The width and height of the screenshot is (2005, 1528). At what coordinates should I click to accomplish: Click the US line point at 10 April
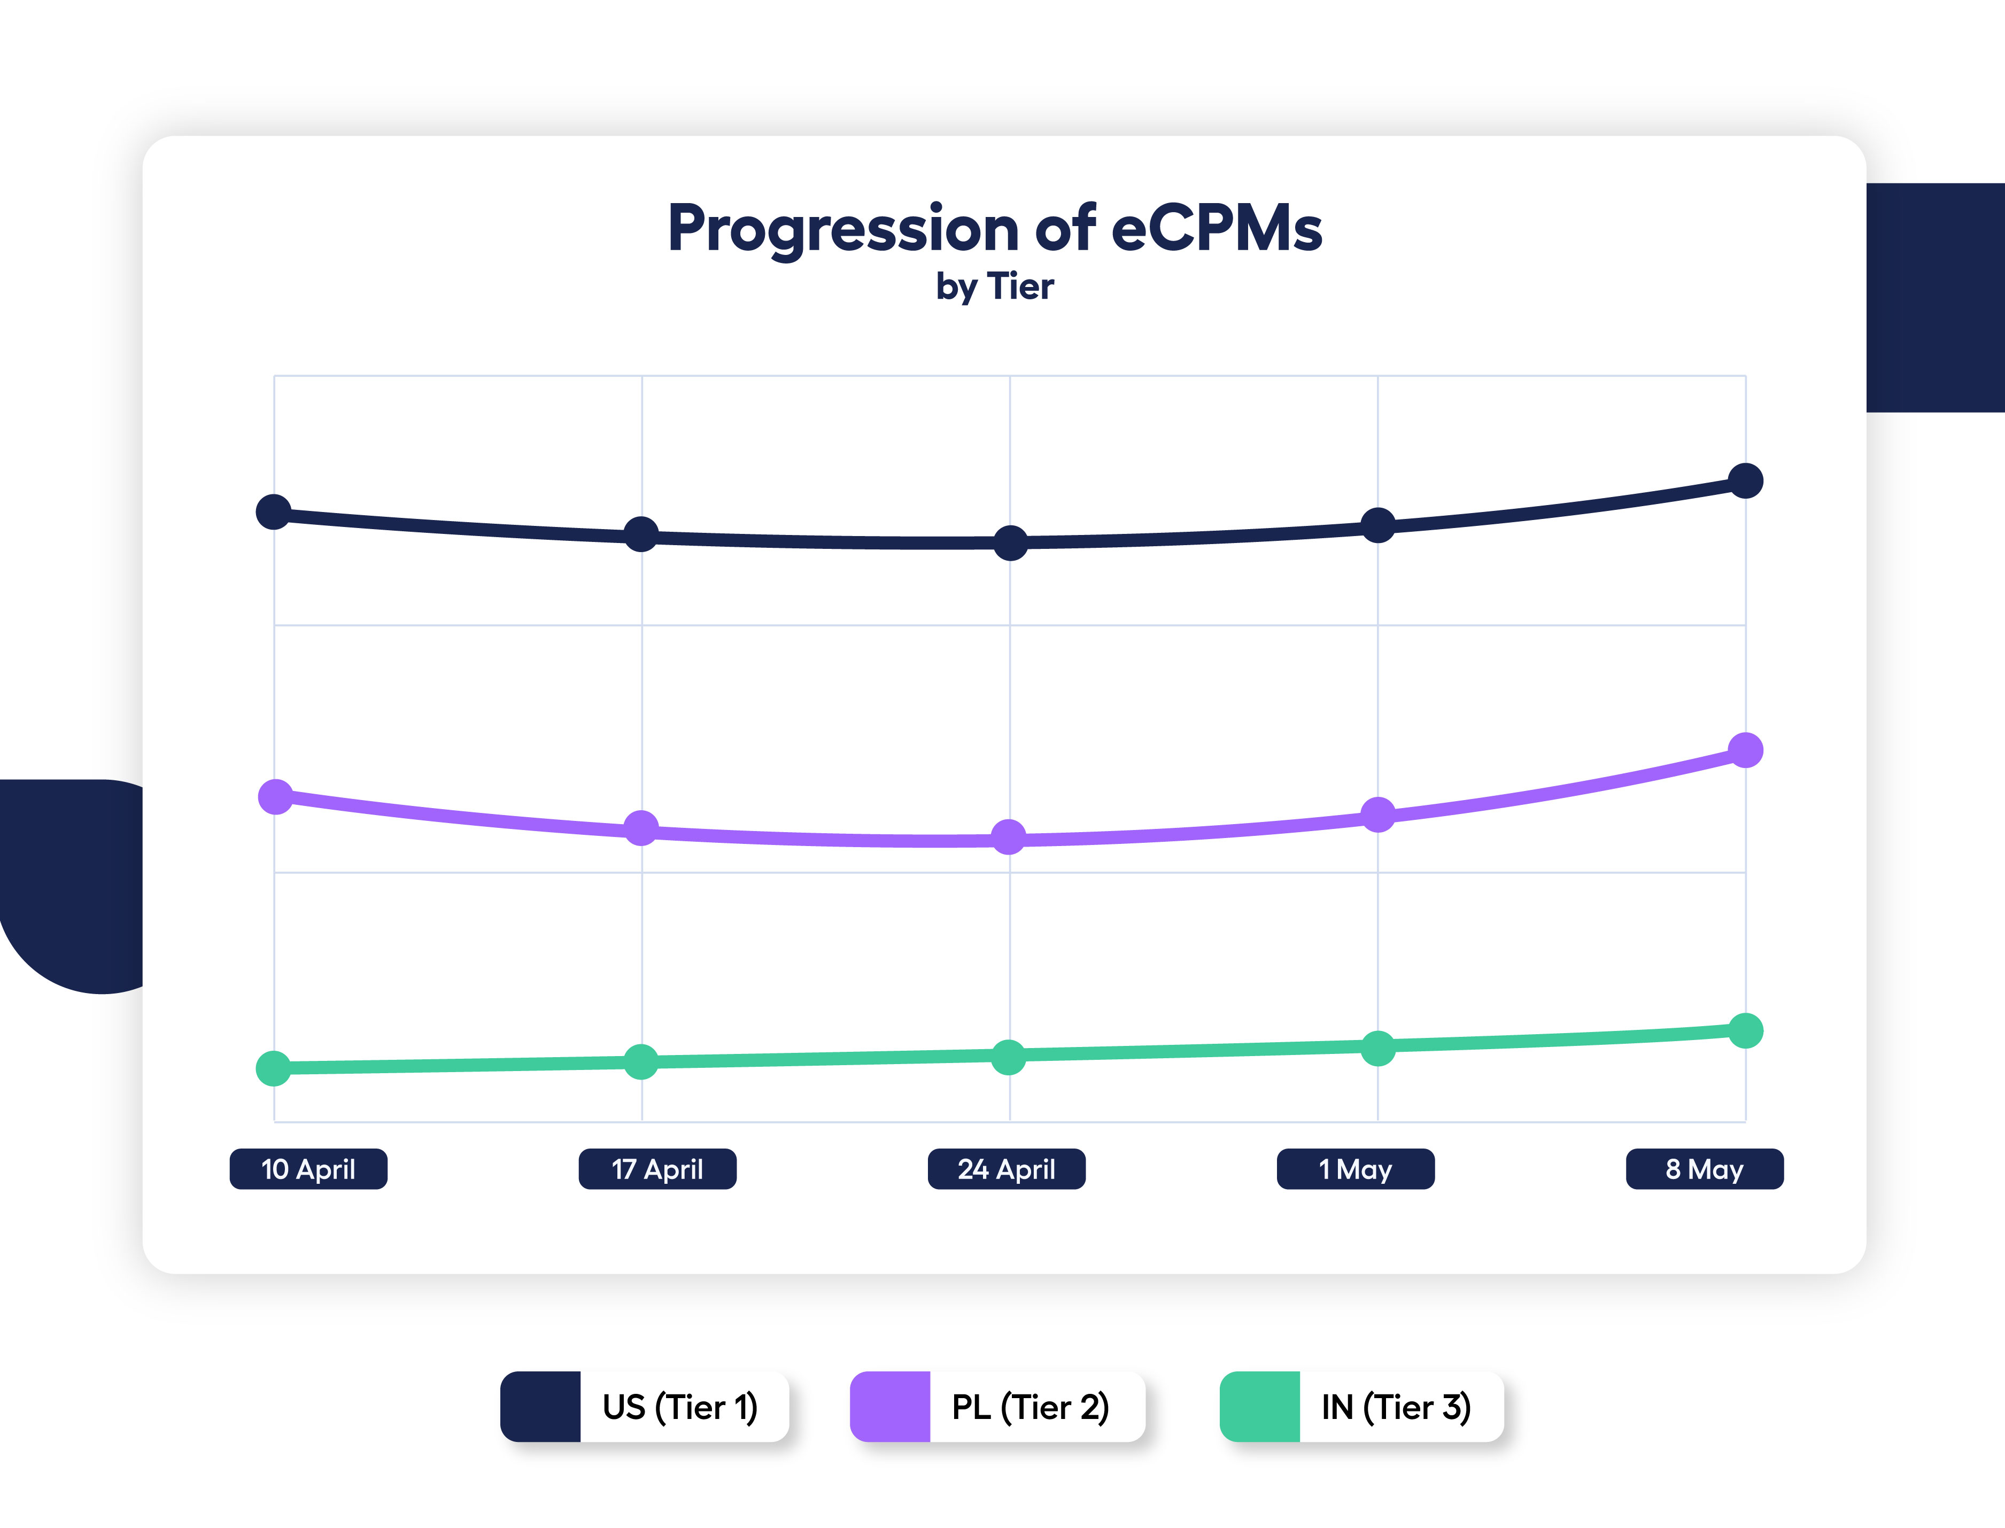pos(274,512)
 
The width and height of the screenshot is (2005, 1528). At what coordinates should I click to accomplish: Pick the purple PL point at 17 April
pos(641,828)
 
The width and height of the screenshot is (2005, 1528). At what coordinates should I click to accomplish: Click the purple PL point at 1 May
pos(1378,814)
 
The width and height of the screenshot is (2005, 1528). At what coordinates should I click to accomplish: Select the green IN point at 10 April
pos(274,1069)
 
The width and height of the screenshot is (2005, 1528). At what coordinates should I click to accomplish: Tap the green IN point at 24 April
pos(1008,1057)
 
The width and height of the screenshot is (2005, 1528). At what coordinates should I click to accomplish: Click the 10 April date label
pos(308,1169)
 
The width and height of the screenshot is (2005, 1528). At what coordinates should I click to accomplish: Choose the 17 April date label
pos(657,1169)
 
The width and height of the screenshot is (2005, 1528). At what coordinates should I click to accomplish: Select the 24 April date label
pos(1006,1169)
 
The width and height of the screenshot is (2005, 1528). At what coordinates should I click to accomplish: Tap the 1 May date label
pos(1356,1169)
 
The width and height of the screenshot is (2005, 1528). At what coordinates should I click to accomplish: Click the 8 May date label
pos(1705,1169)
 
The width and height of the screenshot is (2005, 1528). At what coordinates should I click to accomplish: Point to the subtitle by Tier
pos(995,286)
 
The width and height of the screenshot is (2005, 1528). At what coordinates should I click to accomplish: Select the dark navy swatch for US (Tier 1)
pos(540,1406)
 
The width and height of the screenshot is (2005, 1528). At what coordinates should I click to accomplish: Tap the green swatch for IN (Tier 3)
pos(1260,1406)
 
